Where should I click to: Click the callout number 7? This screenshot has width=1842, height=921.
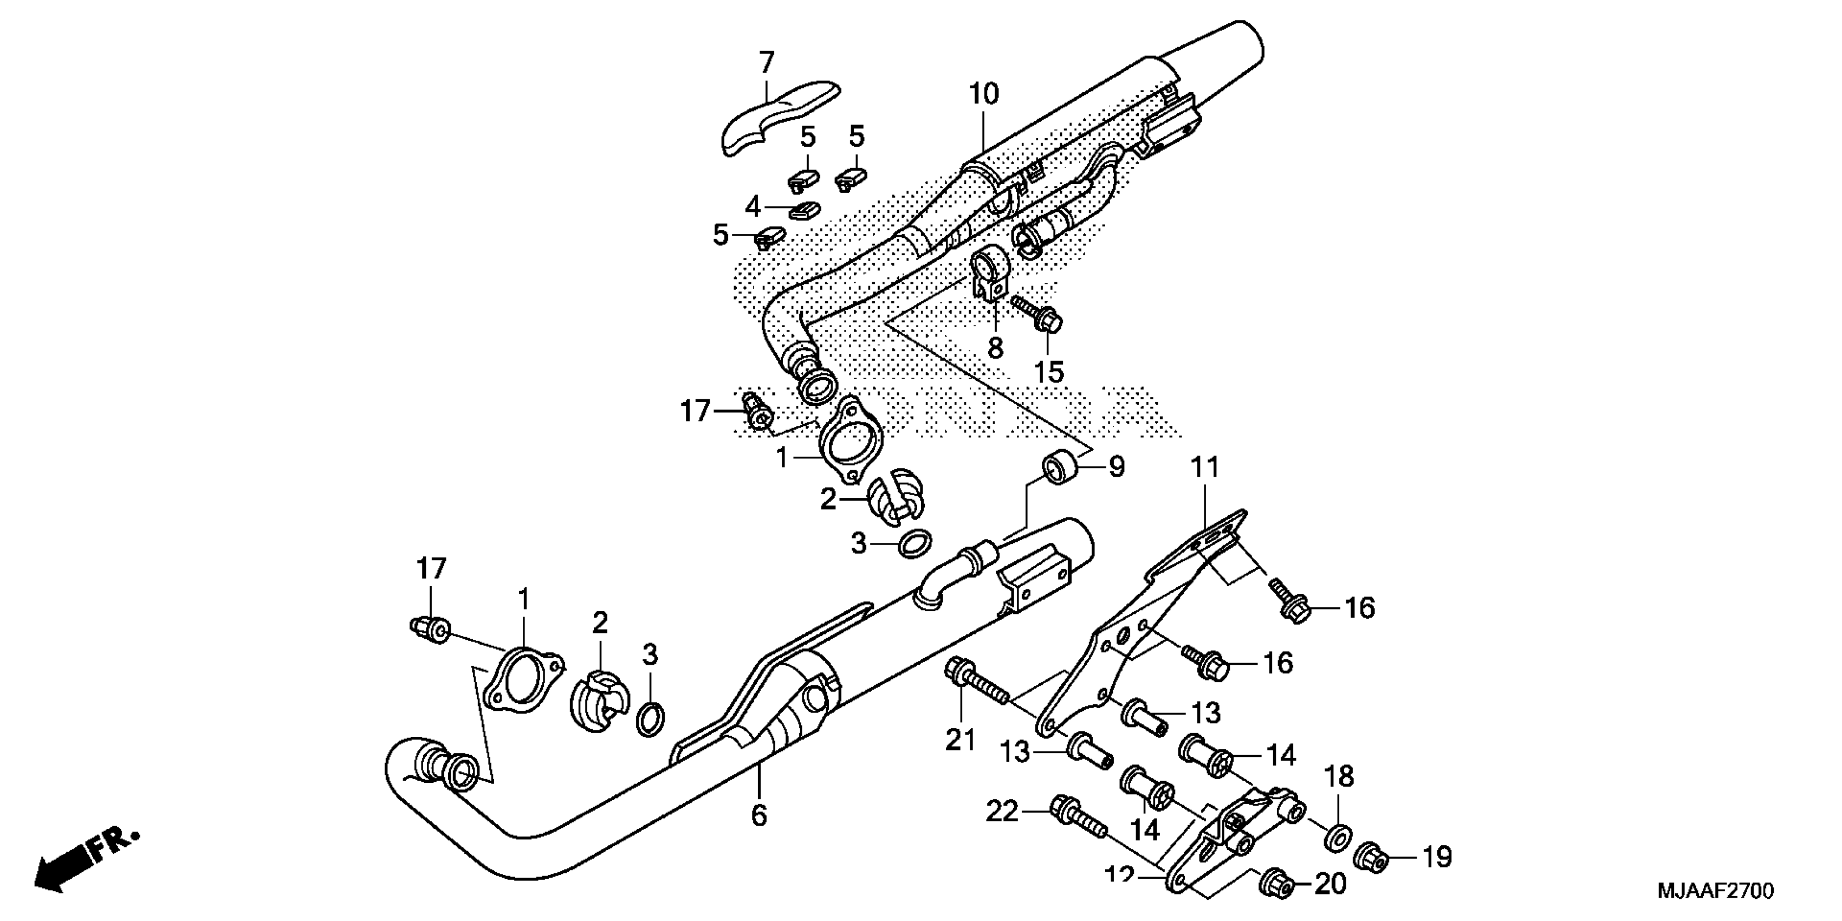click(x=766, y=63)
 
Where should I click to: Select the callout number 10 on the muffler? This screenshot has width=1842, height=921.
click(x=983, y=94)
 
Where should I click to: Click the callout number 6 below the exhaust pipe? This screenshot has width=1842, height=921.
click(x=758, y=815)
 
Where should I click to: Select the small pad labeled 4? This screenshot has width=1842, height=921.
click(x=805, y=210)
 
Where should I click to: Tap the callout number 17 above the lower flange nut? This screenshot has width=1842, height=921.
click(x=431, y=569)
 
